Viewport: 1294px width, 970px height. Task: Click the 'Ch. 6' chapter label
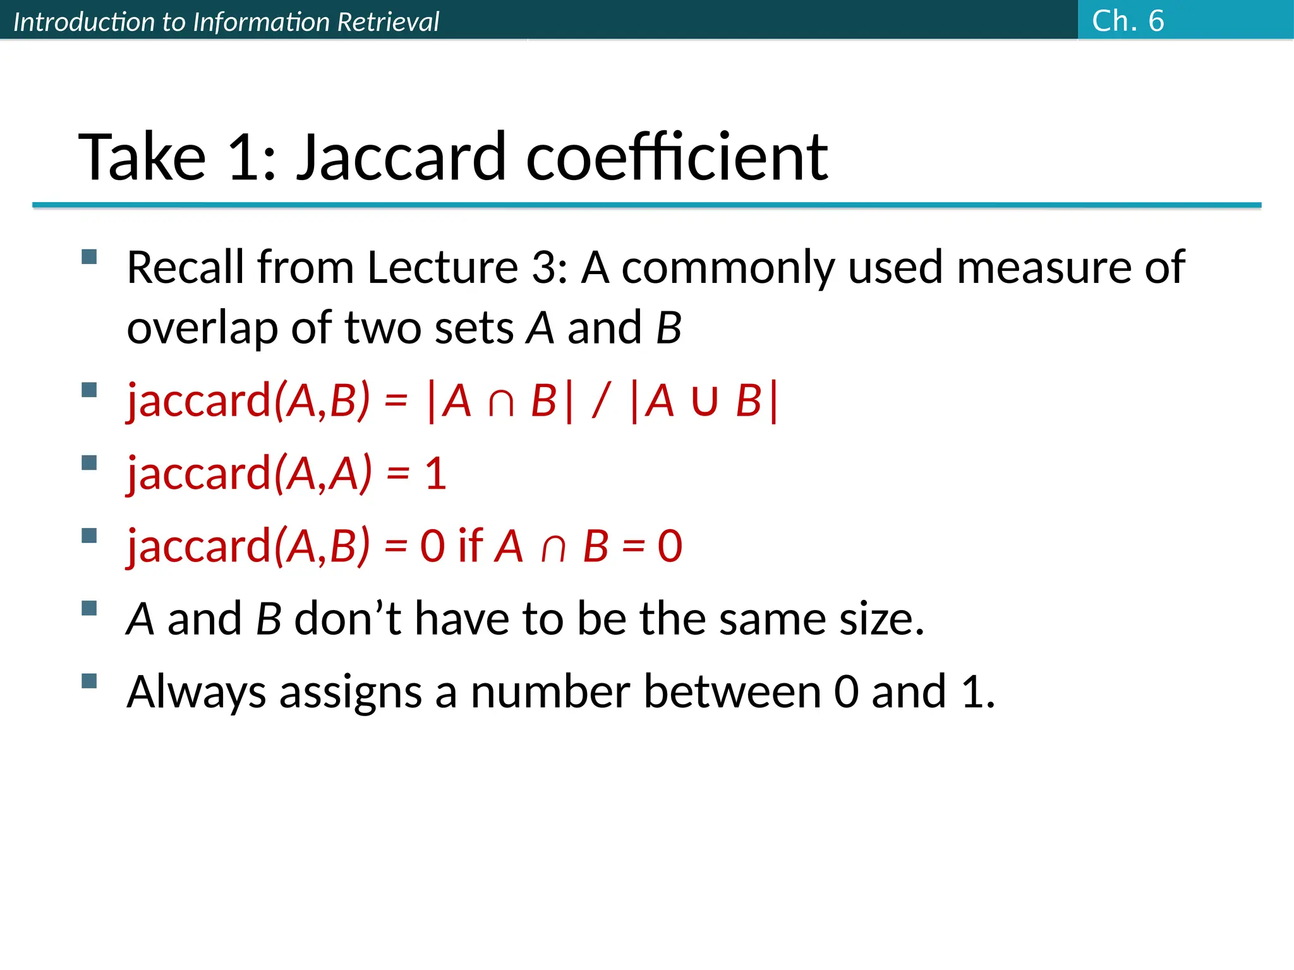click(x=1128, y=21)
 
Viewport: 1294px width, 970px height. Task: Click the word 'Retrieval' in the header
click(x=388, y=22)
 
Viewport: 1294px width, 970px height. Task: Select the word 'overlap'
click(x=202, y=328)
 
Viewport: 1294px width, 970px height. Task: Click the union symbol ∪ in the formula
click(x=704, y=402)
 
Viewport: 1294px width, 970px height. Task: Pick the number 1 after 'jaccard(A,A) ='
click(x=435, y=474)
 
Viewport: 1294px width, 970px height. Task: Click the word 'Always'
click(x=197, y=693)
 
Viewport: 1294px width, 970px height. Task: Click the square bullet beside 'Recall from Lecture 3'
click(x=89, y=256)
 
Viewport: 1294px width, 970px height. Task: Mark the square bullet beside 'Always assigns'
click(x=89, y=681)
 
